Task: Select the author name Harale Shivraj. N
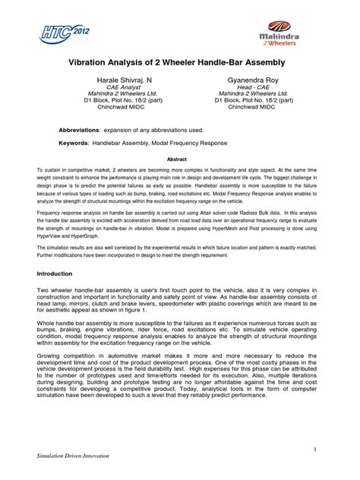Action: [x=126, y=80]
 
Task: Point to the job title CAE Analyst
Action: [x=126, y=88]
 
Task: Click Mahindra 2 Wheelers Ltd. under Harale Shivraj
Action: [x=126, y=96]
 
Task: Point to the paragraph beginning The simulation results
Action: [x=179, y=256]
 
